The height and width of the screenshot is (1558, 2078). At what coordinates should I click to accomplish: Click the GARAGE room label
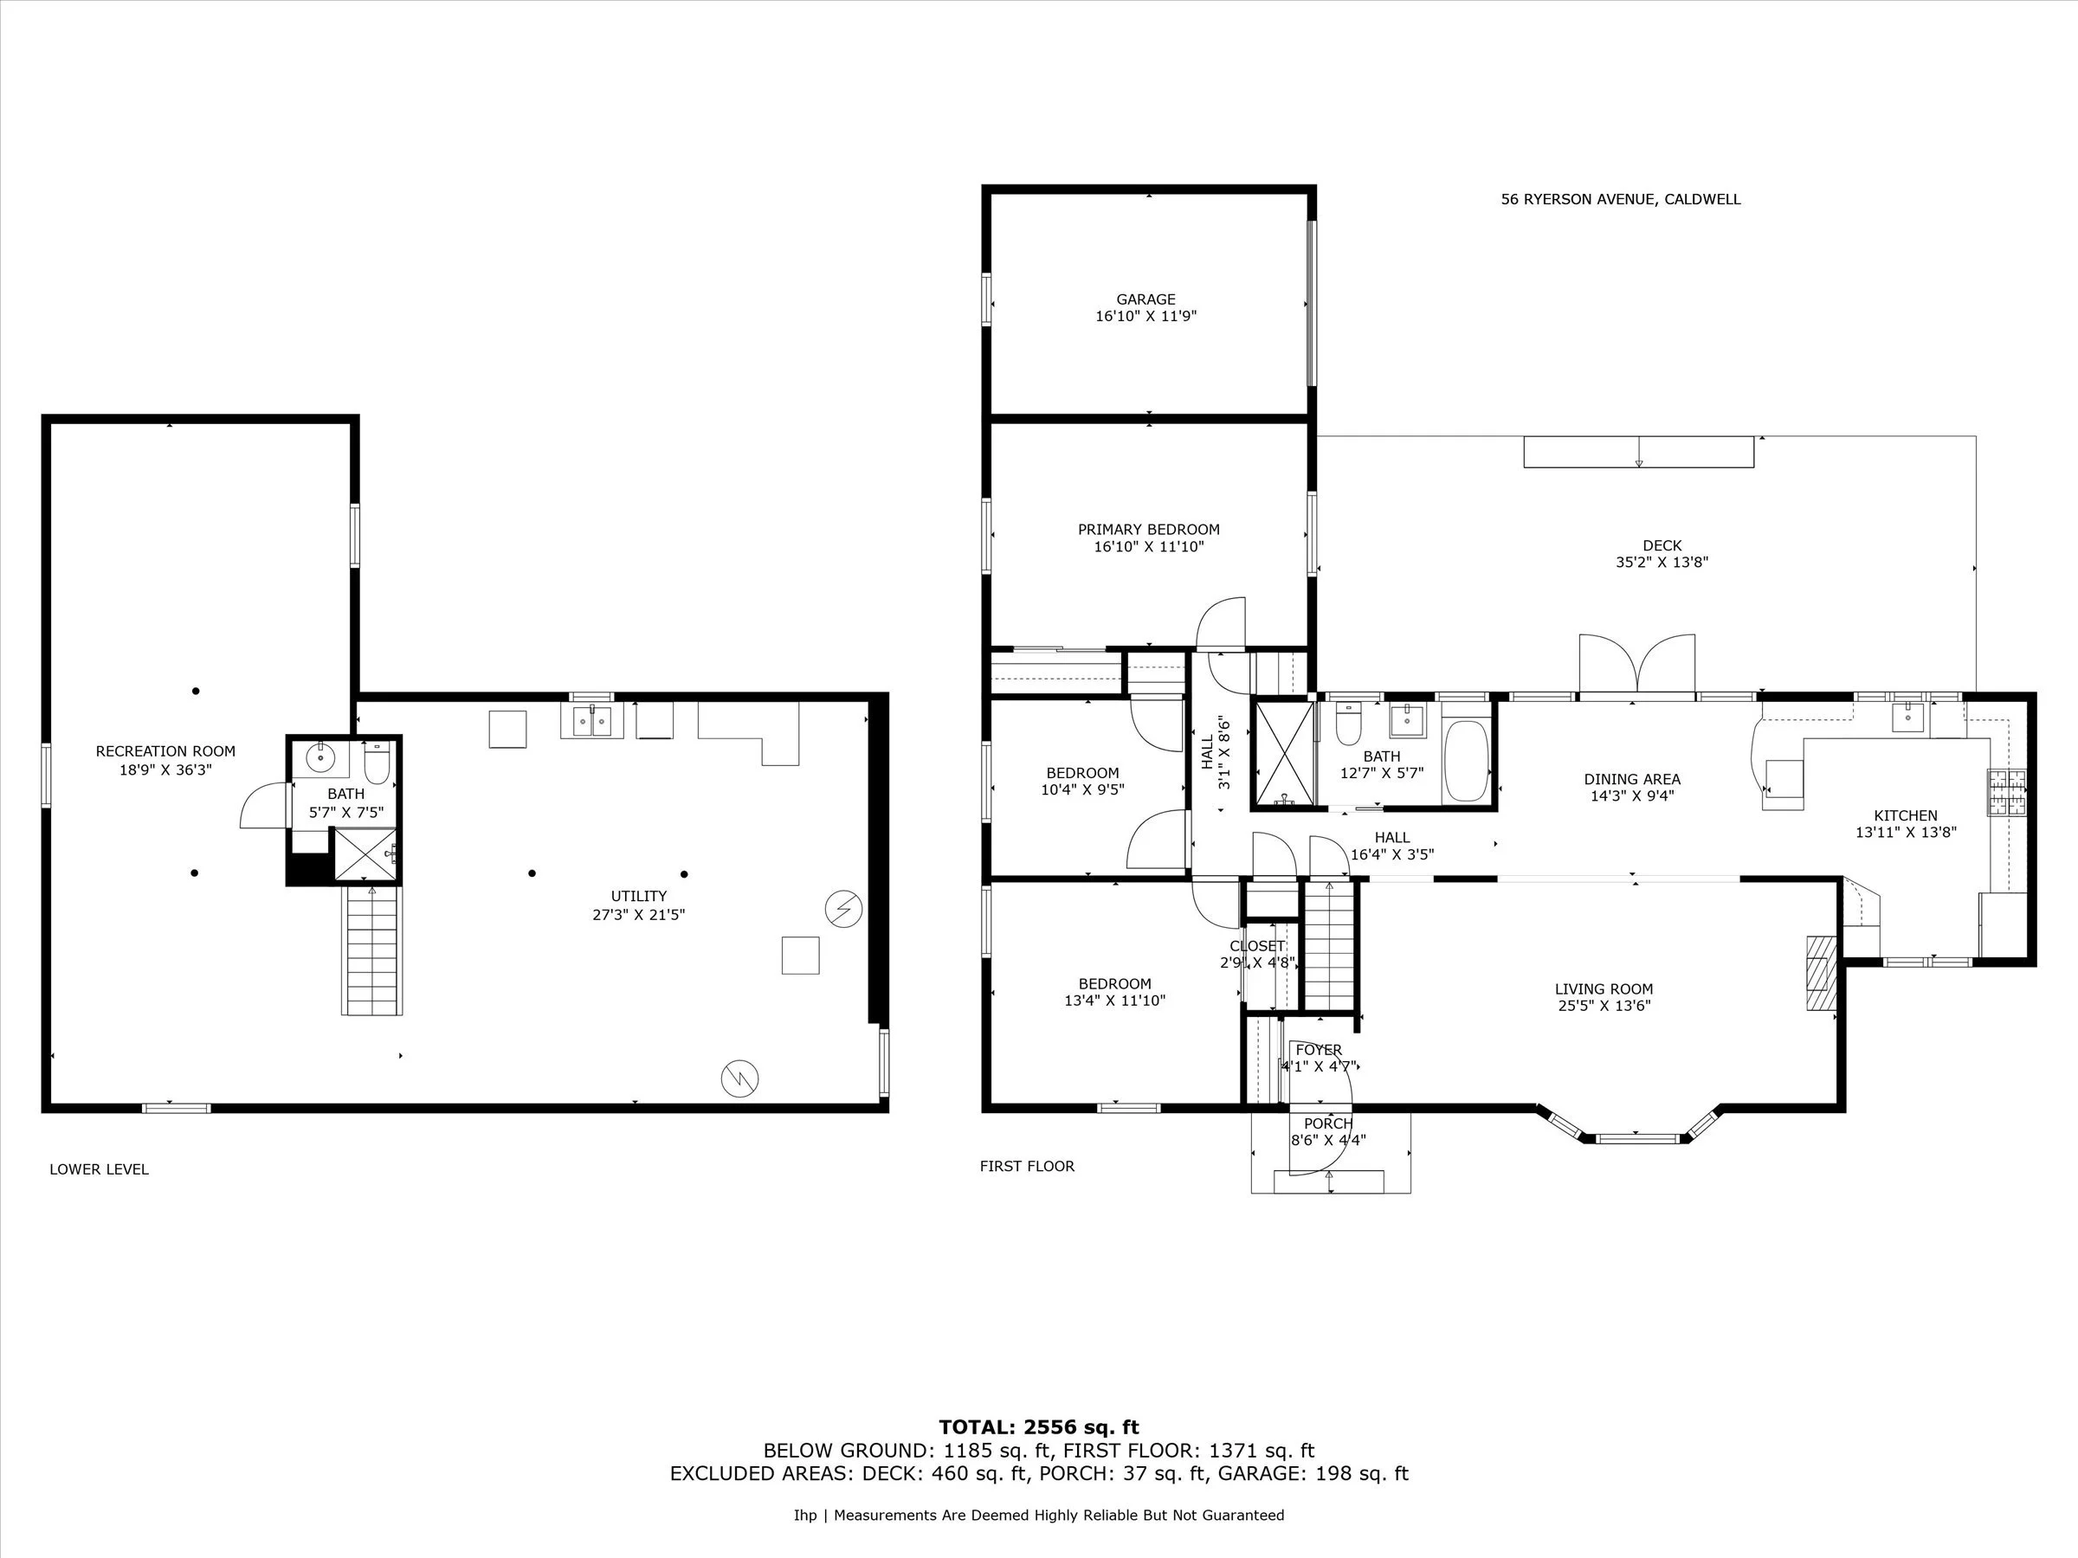coord(1145,299)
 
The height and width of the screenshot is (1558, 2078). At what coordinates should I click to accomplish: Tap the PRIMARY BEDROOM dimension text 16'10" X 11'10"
coord(1148,546)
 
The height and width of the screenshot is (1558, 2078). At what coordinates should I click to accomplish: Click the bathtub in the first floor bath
coord(1466,760)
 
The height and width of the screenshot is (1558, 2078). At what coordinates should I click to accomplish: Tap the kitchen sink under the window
coord(1907,718)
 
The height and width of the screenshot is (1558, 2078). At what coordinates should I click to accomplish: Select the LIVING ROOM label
coord(1604,988)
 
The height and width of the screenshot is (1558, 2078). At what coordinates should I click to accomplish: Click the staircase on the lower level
coord(373,950)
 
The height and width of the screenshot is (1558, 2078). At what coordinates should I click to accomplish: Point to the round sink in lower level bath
coord(321,755)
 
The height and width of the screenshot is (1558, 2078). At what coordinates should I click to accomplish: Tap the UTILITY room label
coord(639,896)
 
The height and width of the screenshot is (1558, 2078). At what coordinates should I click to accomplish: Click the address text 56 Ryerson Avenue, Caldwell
coord(1621,199)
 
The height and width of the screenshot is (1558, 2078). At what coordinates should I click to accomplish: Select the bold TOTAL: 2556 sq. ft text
coord(1039,1427)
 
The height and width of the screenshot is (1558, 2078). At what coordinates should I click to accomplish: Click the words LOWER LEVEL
coord(99,1169)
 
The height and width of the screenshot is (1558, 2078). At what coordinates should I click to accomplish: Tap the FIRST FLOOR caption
coord(1027,1167)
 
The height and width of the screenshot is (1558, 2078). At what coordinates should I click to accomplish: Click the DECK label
coord(1662,545)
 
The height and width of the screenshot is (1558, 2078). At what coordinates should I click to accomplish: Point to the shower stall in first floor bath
coord(1284,753)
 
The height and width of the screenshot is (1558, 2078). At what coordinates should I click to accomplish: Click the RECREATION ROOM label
coord(165,751)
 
